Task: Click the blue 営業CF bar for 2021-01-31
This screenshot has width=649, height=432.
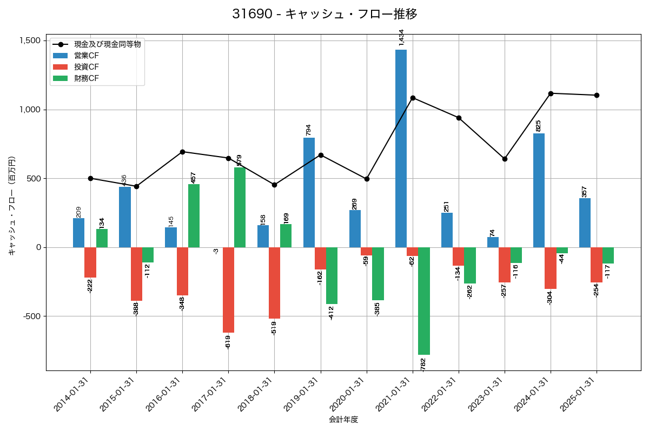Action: [x=401, y=148]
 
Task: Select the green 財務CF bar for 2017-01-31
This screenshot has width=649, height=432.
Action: [x=240, y=207]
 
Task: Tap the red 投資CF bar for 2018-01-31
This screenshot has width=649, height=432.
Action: [x=274, y=283]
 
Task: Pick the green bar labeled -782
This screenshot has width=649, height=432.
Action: [x=424, y=301]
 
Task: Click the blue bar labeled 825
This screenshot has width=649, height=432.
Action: [x=539, y=190]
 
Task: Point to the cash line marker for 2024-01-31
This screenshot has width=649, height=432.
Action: [x=551, y=93]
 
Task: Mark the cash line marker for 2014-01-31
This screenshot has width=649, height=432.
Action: [x=90, y=178]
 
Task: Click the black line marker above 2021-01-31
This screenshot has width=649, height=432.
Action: [x=413, y=98]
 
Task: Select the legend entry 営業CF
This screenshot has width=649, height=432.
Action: [x=87, y=56]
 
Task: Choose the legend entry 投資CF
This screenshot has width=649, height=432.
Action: [x=87, y=67]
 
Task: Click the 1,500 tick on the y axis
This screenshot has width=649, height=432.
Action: [x=29, y=41]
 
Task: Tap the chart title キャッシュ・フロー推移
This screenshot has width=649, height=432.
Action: [x=325, y=14]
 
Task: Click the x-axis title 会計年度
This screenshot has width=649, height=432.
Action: [x=343, y=420]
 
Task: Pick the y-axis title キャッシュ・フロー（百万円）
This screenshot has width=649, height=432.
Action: [x=12, y=206]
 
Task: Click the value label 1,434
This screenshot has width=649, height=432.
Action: [x=401, y=38]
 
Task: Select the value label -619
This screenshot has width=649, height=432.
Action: [x=228, y=341]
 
